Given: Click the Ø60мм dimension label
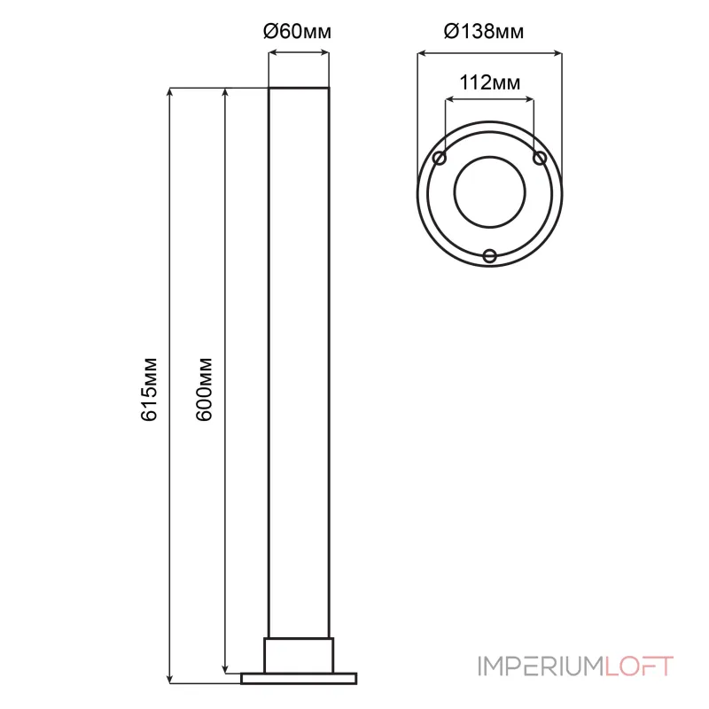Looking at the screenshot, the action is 297,32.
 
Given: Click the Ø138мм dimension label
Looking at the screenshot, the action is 484,32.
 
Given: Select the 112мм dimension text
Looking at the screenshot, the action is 490,82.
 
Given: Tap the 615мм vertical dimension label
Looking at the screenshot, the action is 149,389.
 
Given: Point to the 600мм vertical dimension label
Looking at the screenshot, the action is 204,389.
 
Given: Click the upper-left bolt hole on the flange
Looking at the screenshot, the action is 440,159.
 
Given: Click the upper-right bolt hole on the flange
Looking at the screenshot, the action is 540,159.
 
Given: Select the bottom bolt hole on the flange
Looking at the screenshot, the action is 490,256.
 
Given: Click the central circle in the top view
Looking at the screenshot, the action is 490,157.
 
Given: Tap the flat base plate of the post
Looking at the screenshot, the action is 299,678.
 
